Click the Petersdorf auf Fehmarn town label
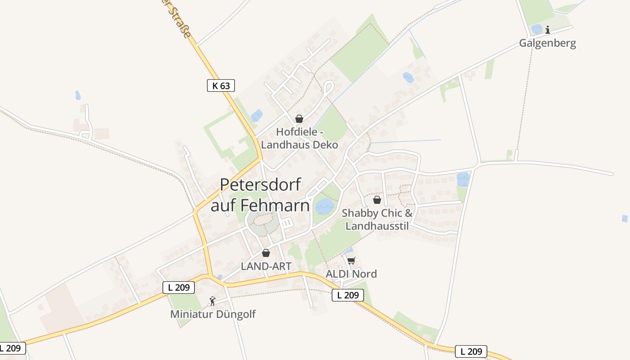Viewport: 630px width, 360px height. point(260,195)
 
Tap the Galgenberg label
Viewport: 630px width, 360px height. point(547,43)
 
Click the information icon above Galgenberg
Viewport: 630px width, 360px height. point(548,30)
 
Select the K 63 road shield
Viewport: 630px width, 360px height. point(221,85)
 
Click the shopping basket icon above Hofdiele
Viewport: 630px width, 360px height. point(299,119)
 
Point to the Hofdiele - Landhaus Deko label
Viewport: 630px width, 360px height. point(300,138)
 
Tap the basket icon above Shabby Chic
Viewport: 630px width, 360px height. point(377,200)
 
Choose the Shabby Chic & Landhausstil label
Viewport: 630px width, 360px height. point(377,219)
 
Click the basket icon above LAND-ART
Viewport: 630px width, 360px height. point(266,253)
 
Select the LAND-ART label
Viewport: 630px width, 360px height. point(266,266)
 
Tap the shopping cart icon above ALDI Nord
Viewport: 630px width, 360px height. point(351,261)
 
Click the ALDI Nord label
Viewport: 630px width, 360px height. point(351,274)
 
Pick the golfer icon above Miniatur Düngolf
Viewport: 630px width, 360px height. point(212,301)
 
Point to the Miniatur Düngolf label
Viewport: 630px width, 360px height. point(212,314)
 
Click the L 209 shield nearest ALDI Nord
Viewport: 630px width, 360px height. point(347,295)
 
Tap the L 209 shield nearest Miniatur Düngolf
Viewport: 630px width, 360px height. point(179,287)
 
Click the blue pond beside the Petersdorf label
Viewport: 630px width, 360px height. point(324,207)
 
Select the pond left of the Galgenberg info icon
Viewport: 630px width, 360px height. point(536,29)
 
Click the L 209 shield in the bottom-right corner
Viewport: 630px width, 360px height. point(471,351)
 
